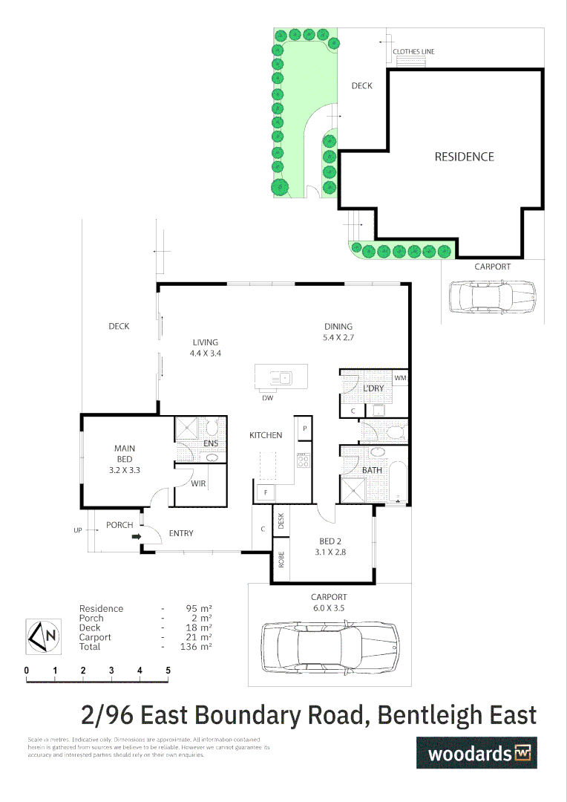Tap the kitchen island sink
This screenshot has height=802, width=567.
282,378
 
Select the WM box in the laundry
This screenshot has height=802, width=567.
401,379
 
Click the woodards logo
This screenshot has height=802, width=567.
476,753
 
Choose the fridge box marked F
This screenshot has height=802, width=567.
264,492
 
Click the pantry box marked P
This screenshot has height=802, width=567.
304,429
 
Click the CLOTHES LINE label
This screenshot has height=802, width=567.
413,52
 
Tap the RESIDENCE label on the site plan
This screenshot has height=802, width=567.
464,157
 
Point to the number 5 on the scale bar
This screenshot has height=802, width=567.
168,671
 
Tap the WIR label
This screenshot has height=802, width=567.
198,483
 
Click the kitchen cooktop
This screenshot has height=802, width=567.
304,460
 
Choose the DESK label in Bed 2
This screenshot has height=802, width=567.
281,521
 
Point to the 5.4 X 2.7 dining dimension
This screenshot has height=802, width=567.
338,337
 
